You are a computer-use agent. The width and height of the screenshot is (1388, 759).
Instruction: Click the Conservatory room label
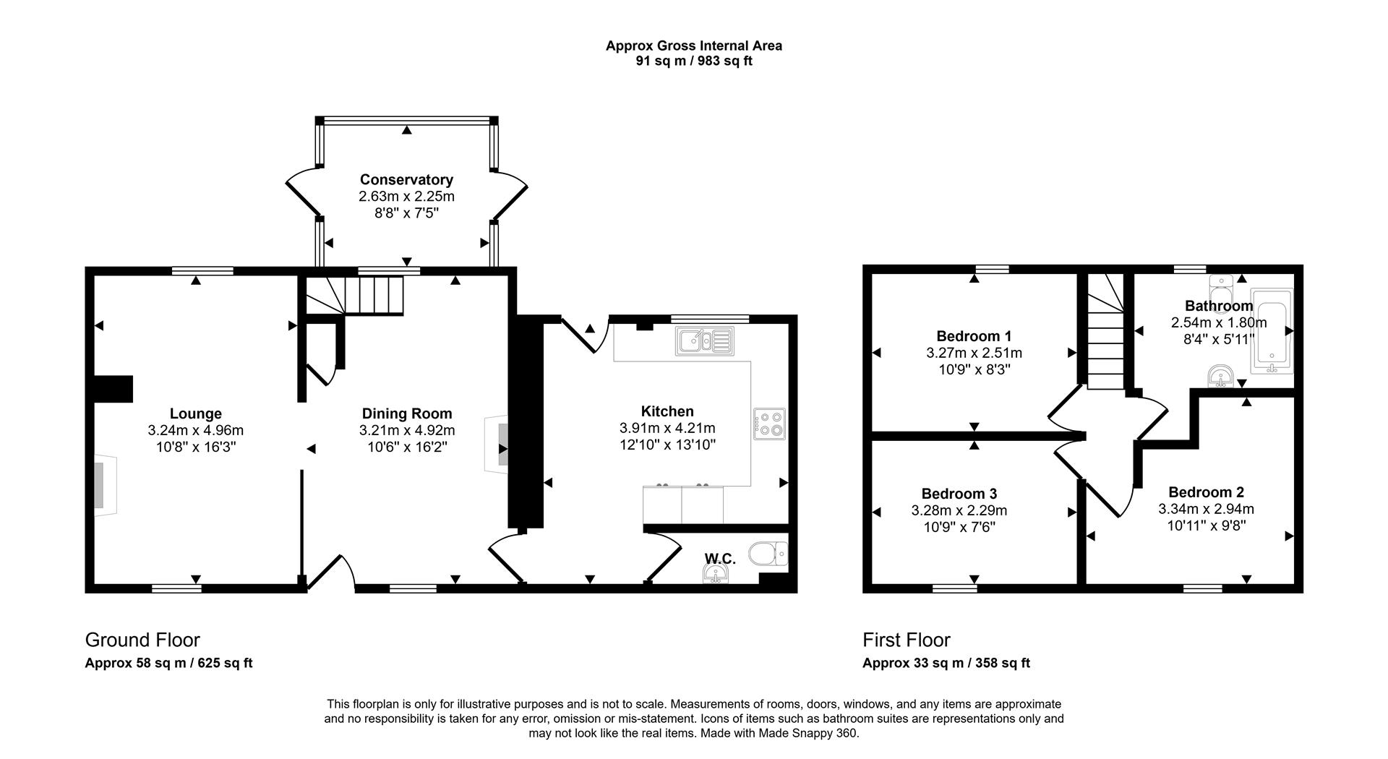406,179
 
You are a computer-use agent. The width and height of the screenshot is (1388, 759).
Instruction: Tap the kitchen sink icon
705,341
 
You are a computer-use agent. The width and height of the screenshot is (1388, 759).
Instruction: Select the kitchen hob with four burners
769,424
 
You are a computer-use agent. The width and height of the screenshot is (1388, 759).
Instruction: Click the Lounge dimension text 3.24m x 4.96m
196,431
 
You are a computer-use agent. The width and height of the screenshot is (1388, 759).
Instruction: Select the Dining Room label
407,413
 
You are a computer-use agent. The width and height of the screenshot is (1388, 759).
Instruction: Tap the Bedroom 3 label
959,494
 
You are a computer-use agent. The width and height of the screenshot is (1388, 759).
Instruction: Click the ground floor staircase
353,296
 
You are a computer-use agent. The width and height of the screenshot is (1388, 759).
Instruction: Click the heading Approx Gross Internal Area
693,46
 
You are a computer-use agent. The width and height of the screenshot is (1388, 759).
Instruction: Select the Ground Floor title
142,640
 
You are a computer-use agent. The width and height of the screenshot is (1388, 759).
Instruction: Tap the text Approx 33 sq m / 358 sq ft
946,663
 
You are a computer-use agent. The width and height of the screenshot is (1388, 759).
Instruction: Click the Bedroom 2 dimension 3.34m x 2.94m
1206,509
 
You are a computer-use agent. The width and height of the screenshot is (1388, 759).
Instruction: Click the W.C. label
720,559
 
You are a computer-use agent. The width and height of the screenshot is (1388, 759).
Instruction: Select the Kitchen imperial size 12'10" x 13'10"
667,445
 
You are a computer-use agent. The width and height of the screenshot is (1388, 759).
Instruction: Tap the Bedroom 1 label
974,336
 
